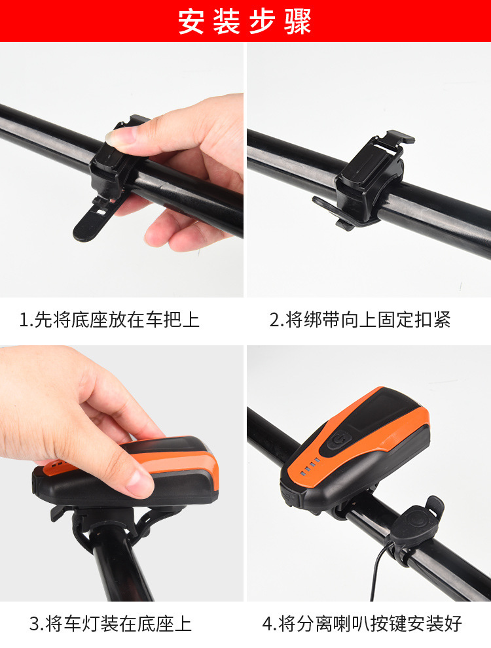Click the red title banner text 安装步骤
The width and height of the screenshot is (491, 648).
pyautogui.click(x=244, y=21)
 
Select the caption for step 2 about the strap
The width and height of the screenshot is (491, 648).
pyautogui.click(x=360, y=320)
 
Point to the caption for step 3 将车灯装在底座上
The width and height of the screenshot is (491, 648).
pyautogui.click(x=110, y=624)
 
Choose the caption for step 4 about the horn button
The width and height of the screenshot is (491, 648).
pyautogui.click(x=362, y=624)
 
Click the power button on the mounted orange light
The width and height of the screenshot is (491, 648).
pyautogui.click(x=338, y=439)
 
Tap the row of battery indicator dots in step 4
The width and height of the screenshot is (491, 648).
pyautogui.click(x=310, y=466)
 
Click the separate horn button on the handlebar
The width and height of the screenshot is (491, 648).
pyautogui.click(x=415, y=522)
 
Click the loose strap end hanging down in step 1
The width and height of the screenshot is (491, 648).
pyautogui.click(x=93, y=219)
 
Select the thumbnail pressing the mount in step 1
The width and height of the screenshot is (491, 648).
pyautogui.click(x=120, y=136)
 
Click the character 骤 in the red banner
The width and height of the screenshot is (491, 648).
pyautogui.click(x=297, y=22)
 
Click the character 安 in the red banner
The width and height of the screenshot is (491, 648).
pyautogui.click(x=192, y=22)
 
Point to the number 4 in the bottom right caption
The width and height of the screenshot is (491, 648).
pyautogui.click(x=268, y=624)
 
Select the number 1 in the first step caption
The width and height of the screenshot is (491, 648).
pyautogui.click(x=24, y=320)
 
